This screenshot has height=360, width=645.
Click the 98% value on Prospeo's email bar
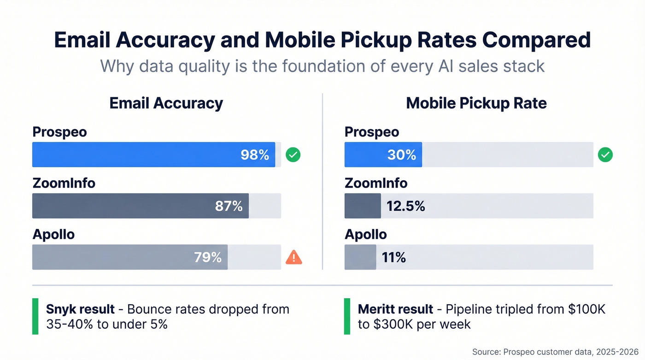coord(255,155)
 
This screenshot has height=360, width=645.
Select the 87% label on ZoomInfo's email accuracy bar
coord(229,206)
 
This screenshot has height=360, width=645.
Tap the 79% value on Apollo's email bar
coord(208,257)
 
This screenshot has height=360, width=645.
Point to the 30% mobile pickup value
coord(401,155)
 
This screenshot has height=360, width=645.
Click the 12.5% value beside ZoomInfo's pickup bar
coord(405,206)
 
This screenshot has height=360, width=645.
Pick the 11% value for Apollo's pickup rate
coord(393,257)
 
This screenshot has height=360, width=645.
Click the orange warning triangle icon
coord(293,257)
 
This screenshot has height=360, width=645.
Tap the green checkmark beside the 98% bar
coord(293,155)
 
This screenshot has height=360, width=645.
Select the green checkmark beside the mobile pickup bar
coord(605,155)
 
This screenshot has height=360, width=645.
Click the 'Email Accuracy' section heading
coord(166,103)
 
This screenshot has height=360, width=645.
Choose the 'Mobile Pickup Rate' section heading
coord(476,103)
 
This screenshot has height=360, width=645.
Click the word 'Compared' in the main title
coord(536,41)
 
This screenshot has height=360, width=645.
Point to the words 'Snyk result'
coord(80,309)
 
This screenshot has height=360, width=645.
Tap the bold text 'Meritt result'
coord(395,309)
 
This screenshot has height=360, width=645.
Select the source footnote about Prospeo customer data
coord(555,352)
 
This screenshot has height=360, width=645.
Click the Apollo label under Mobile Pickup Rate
coord(366,234)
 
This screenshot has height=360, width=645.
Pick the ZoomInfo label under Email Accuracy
coord(64,183)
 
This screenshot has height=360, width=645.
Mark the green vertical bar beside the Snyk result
coord(35,316)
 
